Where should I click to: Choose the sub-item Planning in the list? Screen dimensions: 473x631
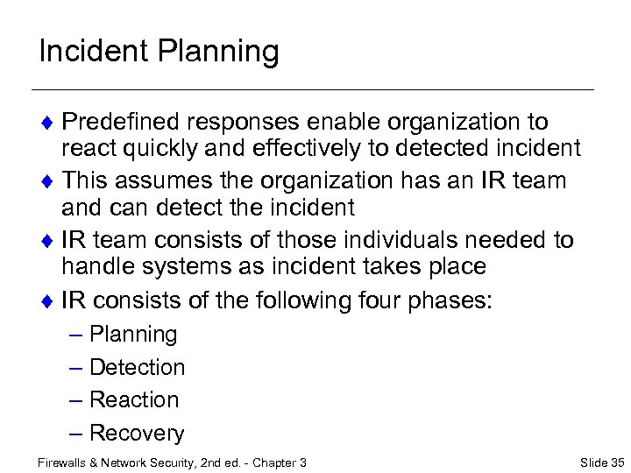[133, 335]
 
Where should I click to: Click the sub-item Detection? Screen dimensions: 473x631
[138, 367]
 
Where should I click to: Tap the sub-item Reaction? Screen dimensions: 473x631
[134, 399]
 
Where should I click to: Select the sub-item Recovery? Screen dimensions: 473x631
[137, 433]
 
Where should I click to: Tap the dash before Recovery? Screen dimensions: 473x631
[75, 433]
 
